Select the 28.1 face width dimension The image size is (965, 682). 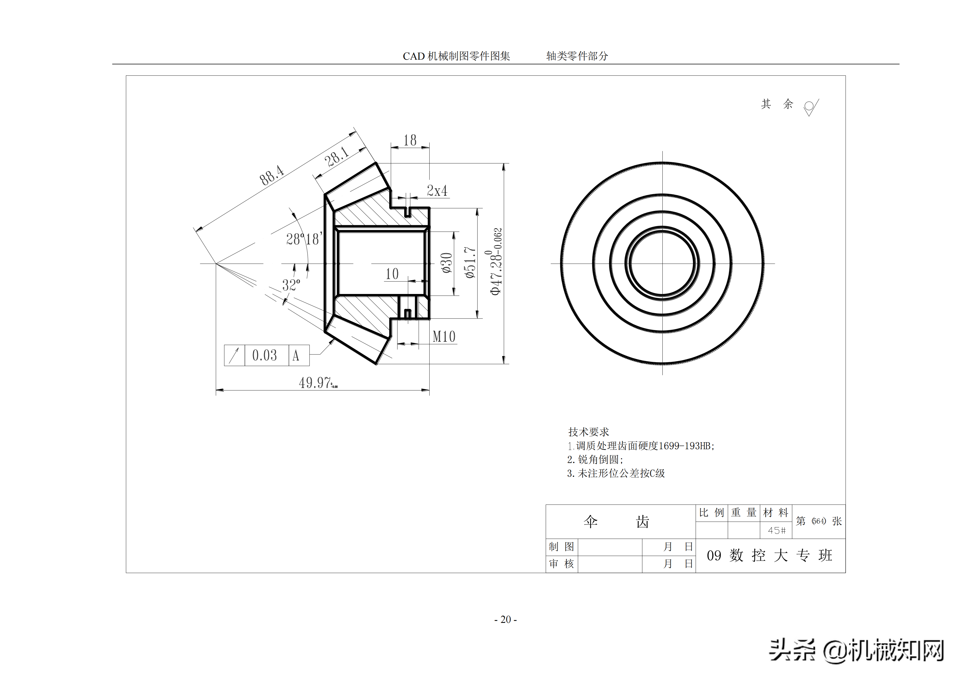(x=337, y=157)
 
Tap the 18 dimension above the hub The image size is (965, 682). (x=410, y=140)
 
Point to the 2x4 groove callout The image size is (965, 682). (x=437, y=191)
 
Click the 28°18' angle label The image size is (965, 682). (x=304, y=239)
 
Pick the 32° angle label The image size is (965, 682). (x=291, y=285)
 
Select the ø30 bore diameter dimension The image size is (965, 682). (x=447, y=263)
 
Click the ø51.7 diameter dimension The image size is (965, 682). (x=470, y=263)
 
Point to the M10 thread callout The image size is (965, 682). (x=444, y=337)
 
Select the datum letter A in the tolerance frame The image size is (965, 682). (x=296, y=356)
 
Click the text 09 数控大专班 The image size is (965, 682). (x=769, y=555)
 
